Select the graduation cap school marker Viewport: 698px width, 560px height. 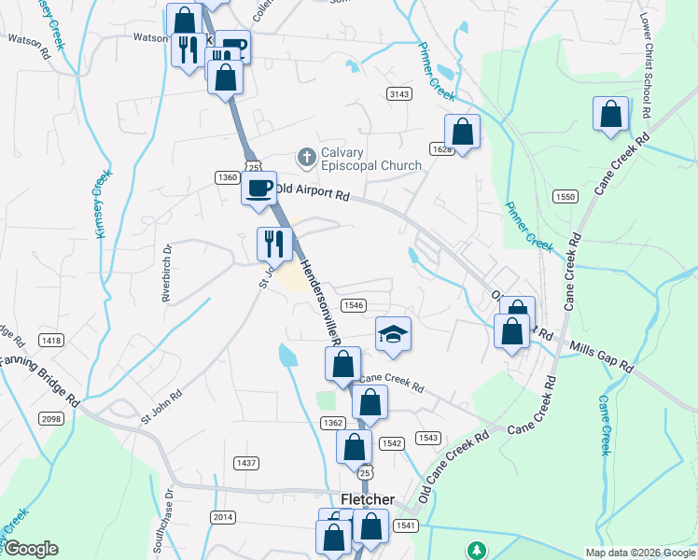click(x=393, y=334)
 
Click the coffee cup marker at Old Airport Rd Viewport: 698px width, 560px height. click(x=258, y=188)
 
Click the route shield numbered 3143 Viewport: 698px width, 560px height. click(x=400, y=93)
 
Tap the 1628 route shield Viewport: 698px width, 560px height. click(x=441, y=149)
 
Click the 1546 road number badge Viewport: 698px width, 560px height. click(x=353, y=305)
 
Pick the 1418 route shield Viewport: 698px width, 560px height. click(x=51, y=341)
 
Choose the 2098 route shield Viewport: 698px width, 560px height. click(x=52, y=419)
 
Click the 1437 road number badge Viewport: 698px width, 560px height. click(x=246, y=463)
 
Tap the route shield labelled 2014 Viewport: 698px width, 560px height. click(x=223, y=517)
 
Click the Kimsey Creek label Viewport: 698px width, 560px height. click(x=104, y=203)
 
